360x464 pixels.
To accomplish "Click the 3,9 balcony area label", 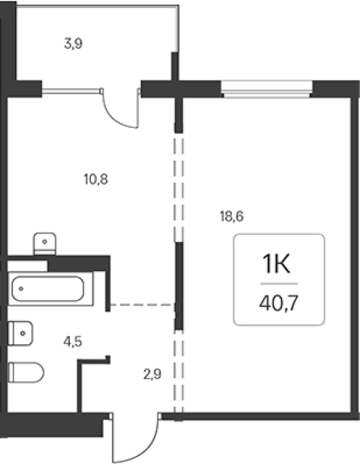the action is (x=73, y=44).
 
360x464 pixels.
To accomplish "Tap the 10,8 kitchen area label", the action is (x=96, y=180).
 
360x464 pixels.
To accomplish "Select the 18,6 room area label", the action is (x=232, y=216).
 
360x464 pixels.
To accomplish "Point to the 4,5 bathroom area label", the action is (x=73, y=342).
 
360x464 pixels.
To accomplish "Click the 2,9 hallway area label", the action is (x=153, y=375).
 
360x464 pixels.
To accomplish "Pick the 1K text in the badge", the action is (x=277, y=264).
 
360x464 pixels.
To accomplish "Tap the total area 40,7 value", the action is (x=279, y=303).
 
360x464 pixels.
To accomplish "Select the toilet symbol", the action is (x=26, y=373).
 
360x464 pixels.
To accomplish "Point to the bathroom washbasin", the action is (x=20, y=333).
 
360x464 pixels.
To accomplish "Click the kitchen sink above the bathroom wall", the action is (x=45, y=244).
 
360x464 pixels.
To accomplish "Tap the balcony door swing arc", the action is (x=117, y=115).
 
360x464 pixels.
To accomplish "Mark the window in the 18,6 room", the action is (x=266, y=89).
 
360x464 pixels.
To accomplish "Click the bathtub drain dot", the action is (x=21, y=289).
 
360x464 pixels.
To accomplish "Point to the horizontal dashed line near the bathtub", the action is (x=142, y=305).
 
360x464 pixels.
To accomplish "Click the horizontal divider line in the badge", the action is (x=279, y=284).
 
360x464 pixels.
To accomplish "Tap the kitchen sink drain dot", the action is (x=45, y=242).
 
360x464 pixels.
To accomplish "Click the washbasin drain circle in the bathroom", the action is (x=23, y=333).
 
